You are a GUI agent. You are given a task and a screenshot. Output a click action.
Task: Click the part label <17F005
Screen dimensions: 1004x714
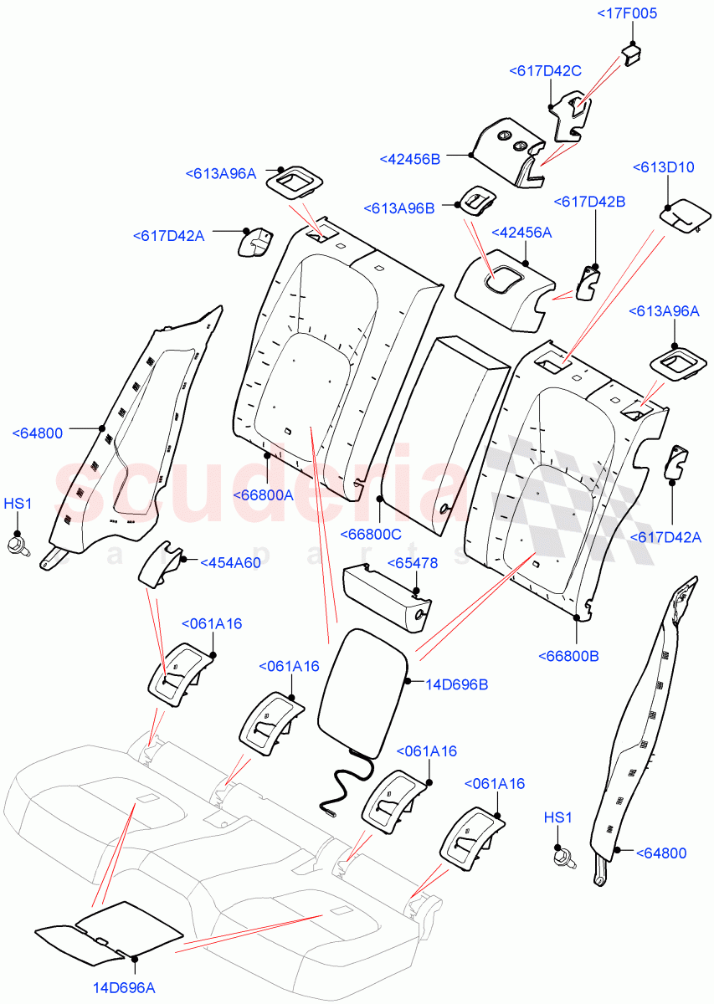[628, 13]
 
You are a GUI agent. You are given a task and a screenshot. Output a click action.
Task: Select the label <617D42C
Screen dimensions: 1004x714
[545, 72]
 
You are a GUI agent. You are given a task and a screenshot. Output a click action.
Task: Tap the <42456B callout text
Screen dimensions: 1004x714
[410, 159]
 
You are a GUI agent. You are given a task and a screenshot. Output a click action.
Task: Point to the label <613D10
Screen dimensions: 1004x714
[663, 167]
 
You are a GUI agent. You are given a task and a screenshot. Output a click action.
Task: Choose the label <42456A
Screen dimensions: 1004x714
[521, 233]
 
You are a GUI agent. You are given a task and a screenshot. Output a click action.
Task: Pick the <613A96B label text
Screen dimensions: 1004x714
[399, 208]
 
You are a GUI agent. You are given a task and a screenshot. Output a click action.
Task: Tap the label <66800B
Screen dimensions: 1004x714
[568, 656]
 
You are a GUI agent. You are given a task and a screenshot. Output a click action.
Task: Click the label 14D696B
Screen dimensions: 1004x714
[457, 684]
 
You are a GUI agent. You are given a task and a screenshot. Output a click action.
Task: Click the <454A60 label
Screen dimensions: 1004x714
[230, 562]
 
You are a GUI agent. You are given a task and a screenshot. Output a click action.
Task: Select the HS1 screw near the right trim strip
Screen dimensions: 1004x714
[560, 857]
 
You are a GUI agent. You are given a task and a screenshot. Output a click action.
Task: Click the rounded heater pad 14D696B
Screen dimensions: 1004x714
[362, 690]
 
